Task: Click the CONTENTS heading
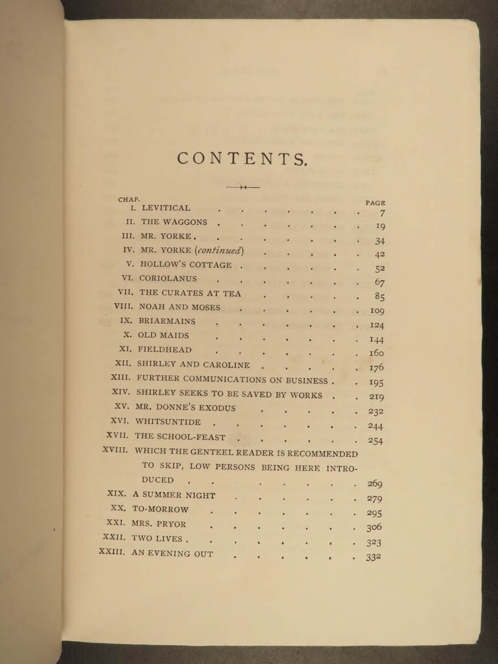[x=242, y=158]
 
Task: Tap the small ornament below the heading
[x=242, y=187]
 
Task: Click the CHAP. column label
[x=129, y=199]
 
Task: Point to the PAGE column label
[x=375, y=203]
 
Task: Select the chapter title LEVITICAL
[x=165, y=208]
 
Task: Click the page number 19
[x=380, y=226]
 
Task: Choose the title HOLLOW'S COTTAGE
[x=186, y=264]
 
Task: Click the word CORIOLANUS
[x=168, y=279]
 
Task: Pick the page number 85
[x=380, y=297]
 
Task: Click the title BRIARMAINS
[x=167, y=321]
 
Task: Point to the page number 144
[x=377, y=339]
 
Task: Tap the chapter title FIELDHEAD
[x=164, y=350]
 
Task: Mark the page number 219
[x=376, y=397]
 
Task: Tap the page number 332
[x=373, y=557]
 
